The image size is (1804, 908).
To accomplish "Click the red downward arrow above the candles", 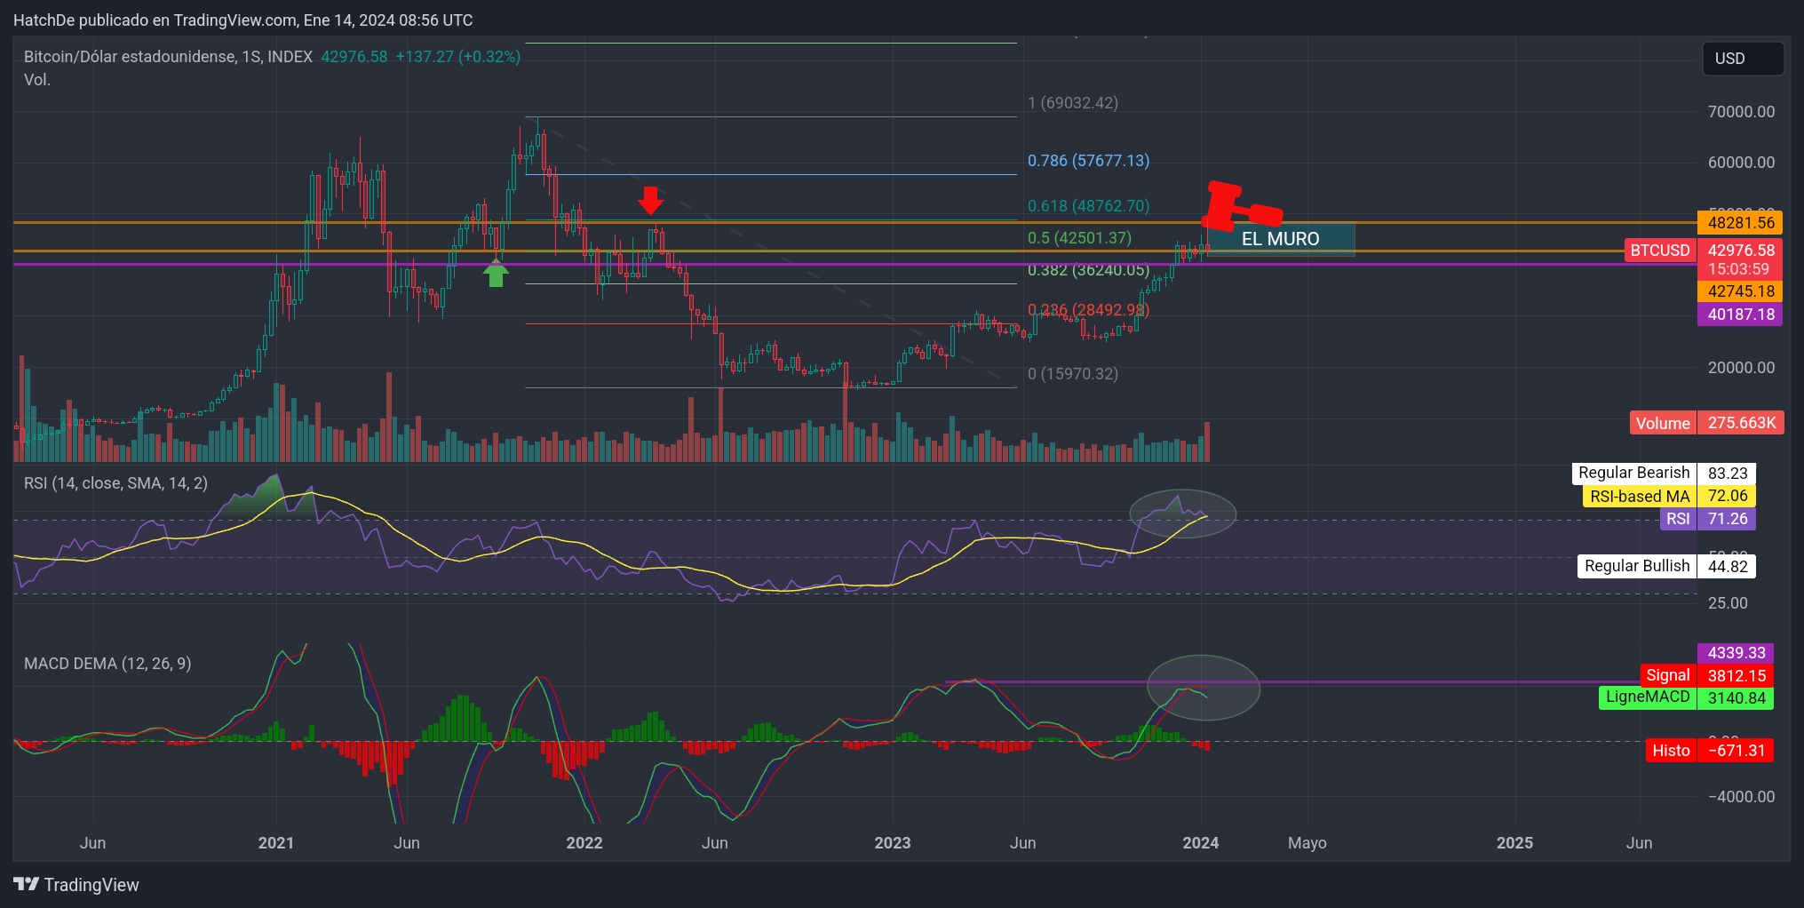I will pos(650,200).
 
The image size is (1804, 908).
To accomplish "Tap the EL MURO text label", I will pos(1280,239).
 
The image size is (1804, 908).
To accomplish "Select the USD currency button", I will pos(1742,59).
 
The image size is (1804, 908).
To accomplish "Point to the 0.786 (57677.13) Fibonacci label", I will pos(1088,161).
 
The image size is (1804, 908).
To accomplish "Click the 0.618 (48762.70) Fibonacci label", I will pos(1088,206).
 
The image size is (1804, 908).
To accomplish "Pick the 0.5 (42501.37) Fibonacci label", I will pos(1079,238).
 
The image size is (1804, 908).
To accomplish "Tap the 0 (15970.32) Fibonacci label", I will pos(1072,374).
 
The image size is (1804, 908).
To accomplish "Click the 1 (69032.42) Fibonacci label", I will pos(1072,103).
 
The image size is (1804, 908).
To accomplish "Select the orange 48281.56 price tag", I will pos(1739,223).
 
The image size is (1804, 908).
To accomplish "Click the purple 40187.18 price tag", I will pos(1739,315).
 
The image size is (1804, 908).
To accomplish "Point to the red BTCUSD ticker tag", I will pos(1659,251).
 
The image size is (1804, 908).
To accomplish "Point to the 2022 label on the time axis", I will pos(584,843).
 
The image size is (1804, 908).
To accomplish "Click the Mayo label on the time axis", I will pos(1307,843).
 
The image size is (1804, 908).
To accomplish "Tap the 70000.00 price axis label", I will pos(1741,112).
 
